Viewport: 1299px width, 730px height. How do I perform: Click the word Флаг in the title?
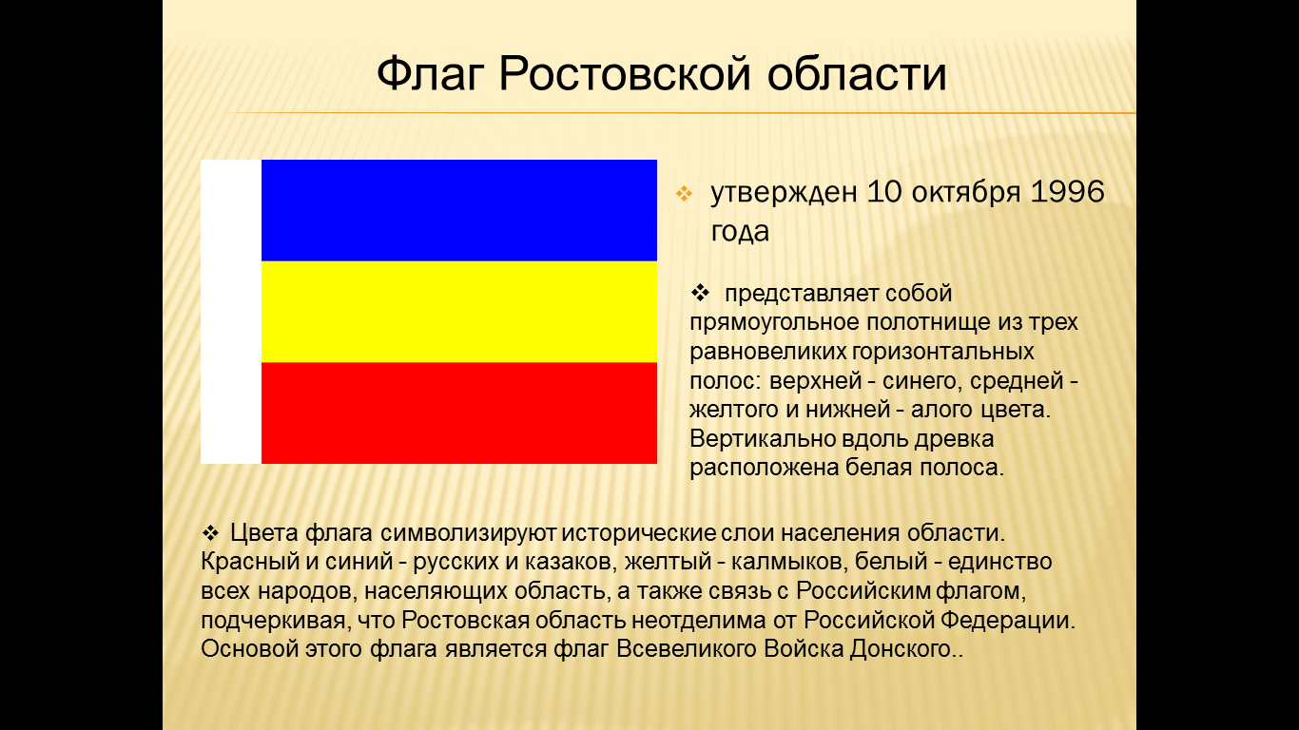tap(430, 74)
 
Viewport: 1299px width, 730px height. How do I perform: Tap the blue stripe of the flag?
tap(458, 210)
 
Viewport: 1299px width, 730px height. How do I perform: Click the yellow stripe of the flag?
tap(458, 312)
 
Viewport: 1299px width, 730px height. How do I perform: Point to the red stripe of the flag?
tap(458, 413)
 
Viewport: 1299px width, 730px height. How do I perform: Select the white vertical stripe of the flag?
tap(231, 312)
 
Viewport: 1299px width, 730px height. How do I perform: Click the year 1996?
tap(1067, 192)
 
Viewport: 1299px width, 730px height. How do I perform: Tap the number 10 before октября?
tap(884, 192)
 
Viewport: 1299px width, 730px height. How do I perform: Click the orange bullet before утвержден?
tap(684, 193)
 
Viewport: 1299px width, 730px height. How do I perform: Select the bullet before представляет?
tap(700, 293)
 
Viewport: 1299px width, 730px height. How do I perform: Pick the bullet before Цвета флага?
tap(210, 532)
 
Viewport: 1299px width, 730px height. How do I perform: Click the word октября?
tap(965, 192)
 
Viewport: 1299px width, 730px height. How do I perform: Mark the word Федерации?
tap(1008, 620)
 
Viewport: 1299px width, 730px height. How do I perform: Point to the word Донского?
tap(901, 649)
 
